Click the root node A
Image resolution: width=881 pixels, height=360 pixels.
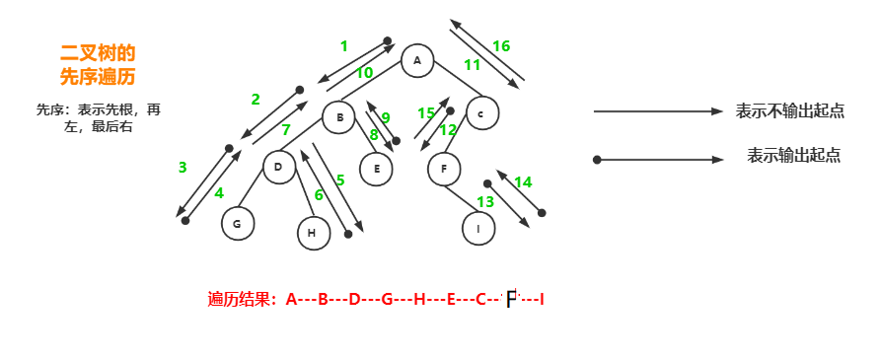[x=417, y=61]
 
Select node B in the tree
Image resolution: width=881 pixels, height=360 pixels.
[x=339, y=118]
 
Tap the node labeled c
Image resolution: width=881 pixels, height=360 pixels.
[x=480, y=112]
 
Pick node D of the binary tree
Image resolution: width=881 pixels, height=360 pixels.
[x=279, y=167]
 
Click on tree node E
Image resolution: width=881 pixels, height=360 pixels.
[x=376, y=169]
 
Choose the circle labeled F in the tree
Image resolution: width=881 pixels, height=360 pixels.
[x=444, y=169]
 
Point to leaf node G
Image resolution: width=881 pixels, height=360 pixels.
[x=237, y=224]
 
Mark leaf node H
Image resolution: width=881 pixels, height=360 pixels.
[x=313, y=232]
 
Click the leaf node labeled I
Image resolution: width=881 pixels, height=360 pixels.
[x=478, y=228]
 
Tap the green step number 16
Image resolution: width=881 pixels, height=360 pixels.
[x=500, y=46]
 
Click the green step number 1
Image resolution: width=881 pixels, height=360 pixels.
[x=343, y=45]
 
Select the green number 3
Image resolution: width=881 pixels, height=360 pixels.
[x=183, y=168]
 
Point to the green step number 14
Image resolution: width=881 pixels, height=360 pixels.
[x=523, y=181]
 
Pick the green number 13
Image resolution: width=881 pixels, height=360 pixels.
[x=484, y=202]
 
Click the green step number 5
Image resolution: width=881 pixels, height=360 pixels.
[x=340, y=180]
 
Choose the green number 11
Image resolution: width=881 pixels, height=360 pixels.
[x=472, y=65]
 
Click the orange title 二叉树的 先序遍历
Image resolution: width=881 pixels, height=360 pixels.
[x=98, y=63]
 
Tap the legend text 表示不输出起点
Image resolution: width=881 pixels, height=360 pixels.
[x=789, y=111]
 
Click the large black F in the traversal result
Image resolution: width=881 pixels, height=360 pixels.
[x=510, y=299]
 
